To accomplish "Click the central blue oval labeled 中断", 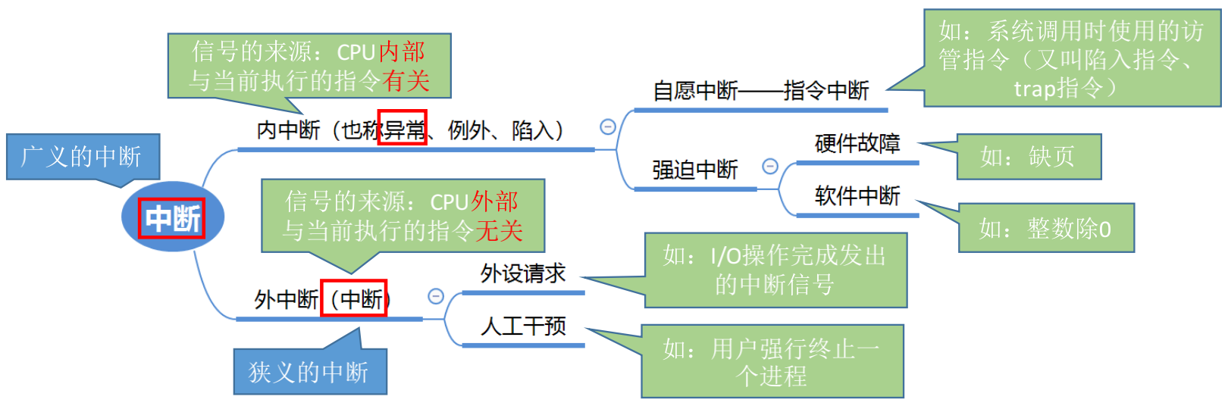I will coord(173,218).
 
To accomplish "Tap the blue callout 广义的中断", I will coord(82,157).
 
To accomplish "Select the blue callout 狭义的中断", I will coord(309,372).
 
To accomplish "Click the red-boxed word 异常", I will coord(403,130).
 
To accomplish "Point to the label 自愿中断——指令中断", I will coord(760,91).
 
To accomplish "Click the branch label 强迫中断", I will coord(694,170).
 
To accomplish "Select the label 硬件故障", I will coord(857,143).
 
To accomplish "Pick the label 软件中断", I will coord(857,196).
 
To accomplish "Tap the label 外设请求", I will coord(523,273).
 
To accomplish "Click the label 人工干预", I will coord(523,326).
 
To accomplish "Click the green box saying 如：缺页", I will coord(1028,157).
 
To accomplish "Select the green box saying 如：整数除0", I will coord(1045,228).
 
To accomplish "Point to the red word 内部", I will coord(402,52).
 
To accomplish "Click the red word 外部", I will coord(495,201).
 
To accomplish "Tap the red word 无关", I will coord(498,230).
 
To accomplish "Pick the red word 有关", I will coord(406,80).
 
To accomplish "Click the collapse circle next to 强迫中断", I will coord(770,166).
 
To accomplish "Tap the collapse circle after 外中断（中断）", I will coord(436,296).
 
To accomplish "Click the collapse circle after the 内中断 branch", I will coord(608,126).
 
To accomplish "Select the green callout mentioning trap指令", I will coord(1071,59).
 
